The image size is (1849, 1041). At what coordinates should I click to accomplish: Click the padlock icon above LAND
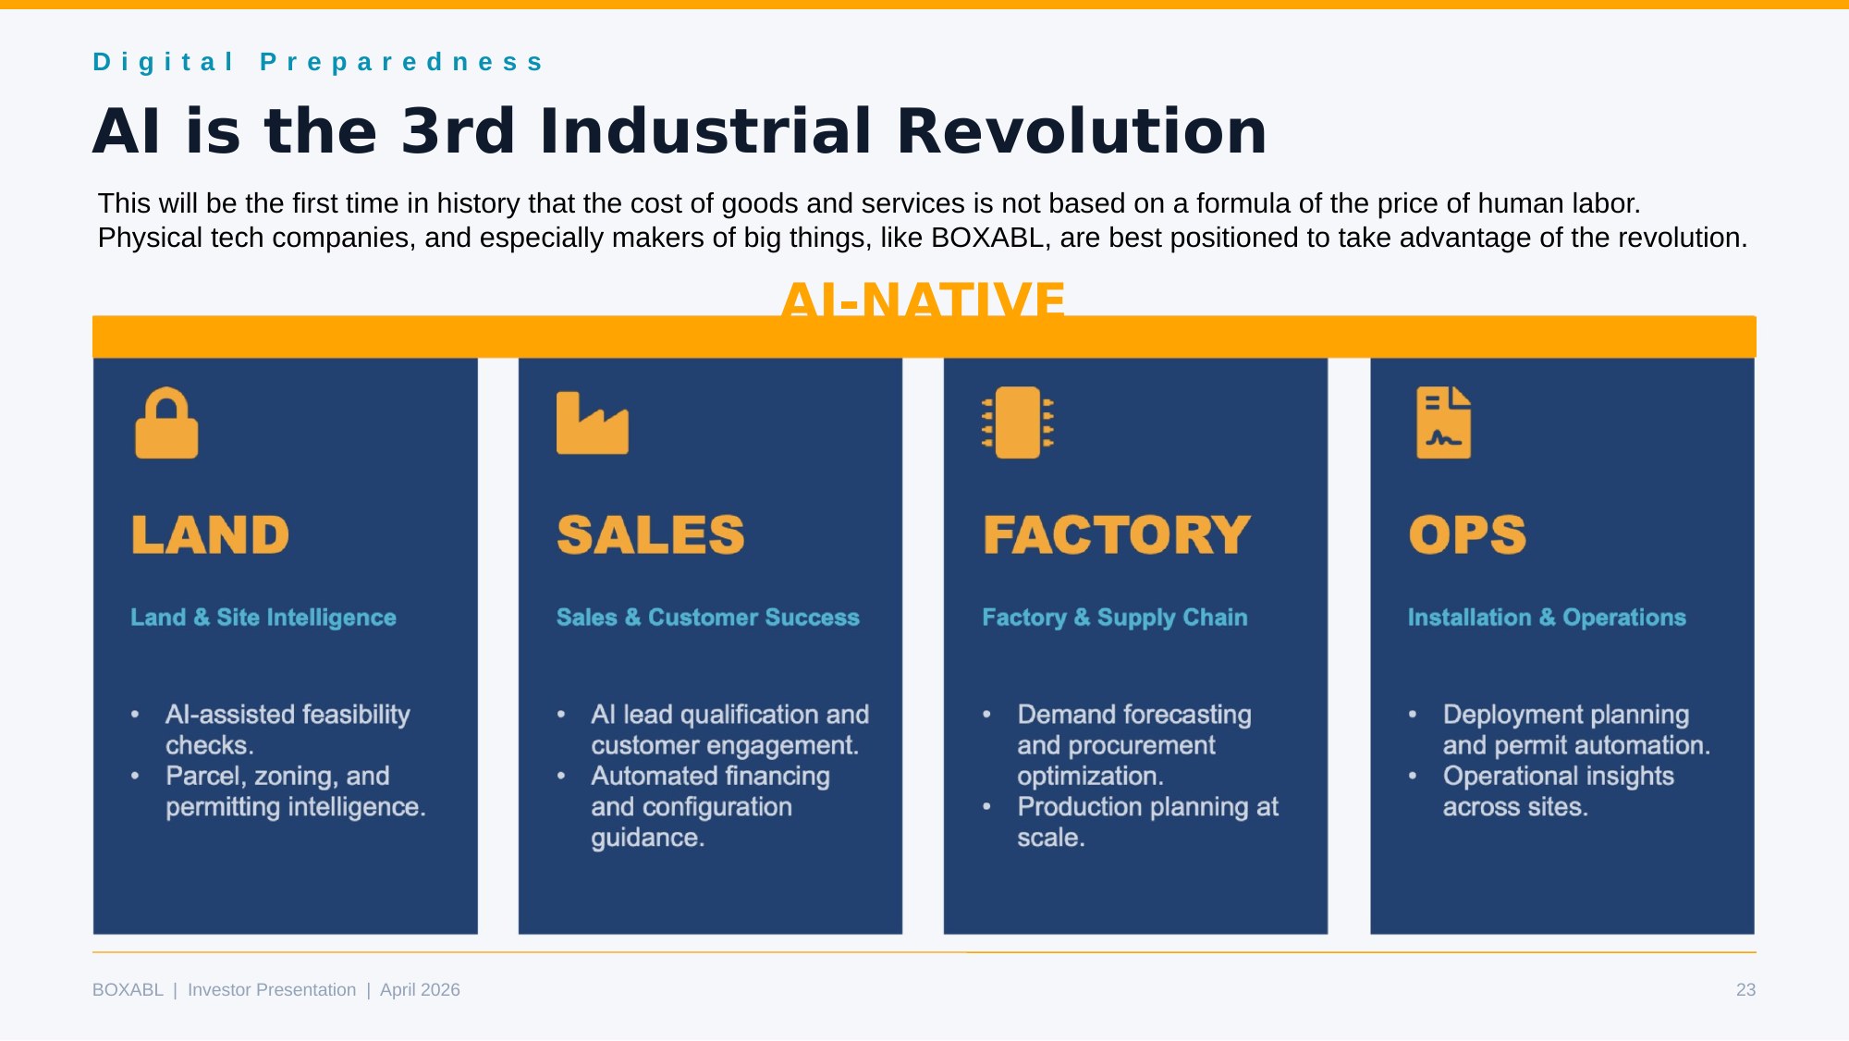tap(166, 423)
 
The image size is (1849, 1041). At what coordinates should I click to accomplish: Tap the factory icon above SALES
tap(593, 423)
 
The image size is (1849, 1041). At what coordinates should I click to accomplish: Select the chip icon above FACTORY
tap(1018, 423)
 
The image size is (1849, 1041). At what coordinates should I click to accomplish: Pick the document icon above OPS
tap(1443, 423)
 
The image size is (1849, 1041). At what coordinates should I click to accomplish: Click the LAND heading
tap(210, 535)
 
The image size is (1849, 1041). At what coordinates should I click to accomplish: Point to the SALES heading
tap(651, 535)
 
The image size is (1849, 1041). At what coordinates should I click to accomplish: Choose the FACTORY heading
tap(1117, 535)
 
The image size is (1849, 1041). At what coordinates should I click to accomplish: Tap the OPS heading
tap(1467, 535)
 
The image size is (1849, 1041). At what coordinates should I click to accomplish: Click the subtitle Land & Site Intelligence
tap(263, 618)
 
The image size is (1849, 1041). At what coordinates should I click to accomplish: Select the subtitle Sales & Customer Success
tap(708, 618)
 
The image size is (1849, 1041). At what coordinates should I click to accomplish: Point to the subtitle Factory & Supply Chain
tap(1115, 618)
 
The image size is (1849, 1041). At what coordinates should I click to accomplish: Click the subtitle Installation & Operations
tap(1547, 618)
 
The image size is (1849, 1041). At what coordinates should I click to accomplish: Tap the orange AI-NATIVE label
tap(924, 298)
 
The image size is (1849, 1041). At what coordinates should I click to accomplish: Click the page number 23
tap(1745, 990)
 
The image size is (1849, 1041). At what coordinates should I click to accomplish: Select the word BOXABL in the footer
tap(128, 990)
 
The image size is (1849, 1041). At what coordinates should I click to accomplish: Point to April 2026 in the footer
tap(420, 990)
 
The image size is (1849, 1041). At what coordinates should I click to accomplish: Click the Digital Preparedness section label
tap(318, 62)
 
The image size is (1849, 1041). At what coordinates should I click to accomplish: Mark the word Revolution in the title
tap(1082, 130)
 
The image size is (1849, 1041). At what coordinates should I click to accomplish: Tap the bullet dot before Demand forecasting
tap(987, 715)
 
